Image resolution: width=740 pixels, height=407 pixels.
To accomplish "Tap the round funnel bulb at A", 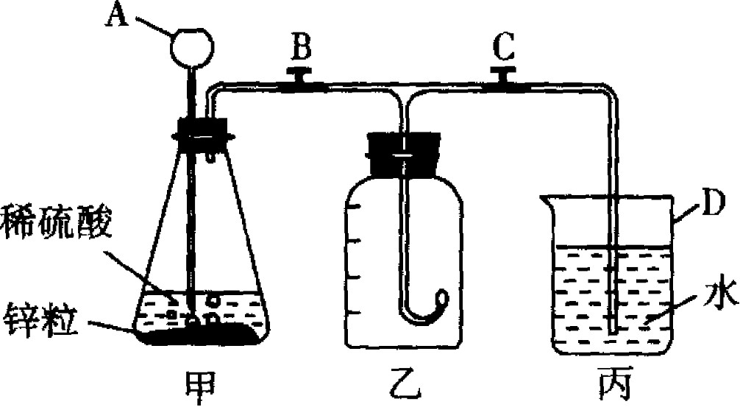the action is click(193, 46).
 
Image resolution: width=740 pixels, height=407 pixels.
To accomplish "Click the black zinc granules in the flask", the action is click(199, 334).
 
